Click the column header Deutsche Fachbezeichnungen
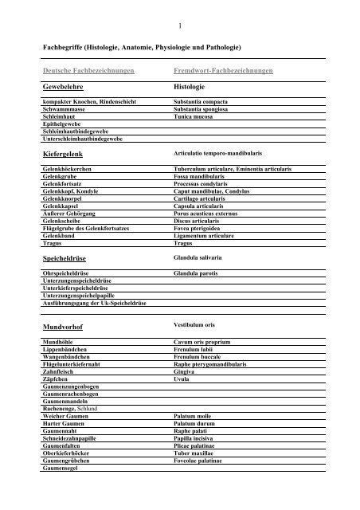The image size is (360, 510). [88, 71]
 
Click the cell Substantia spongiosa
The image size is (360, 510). [200, 109]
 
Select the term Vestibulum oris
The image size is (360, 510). [194, 325]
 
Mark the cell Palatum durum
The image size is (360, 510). [194, 423]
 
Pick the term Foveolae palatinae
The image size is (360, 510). [200, 461]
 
